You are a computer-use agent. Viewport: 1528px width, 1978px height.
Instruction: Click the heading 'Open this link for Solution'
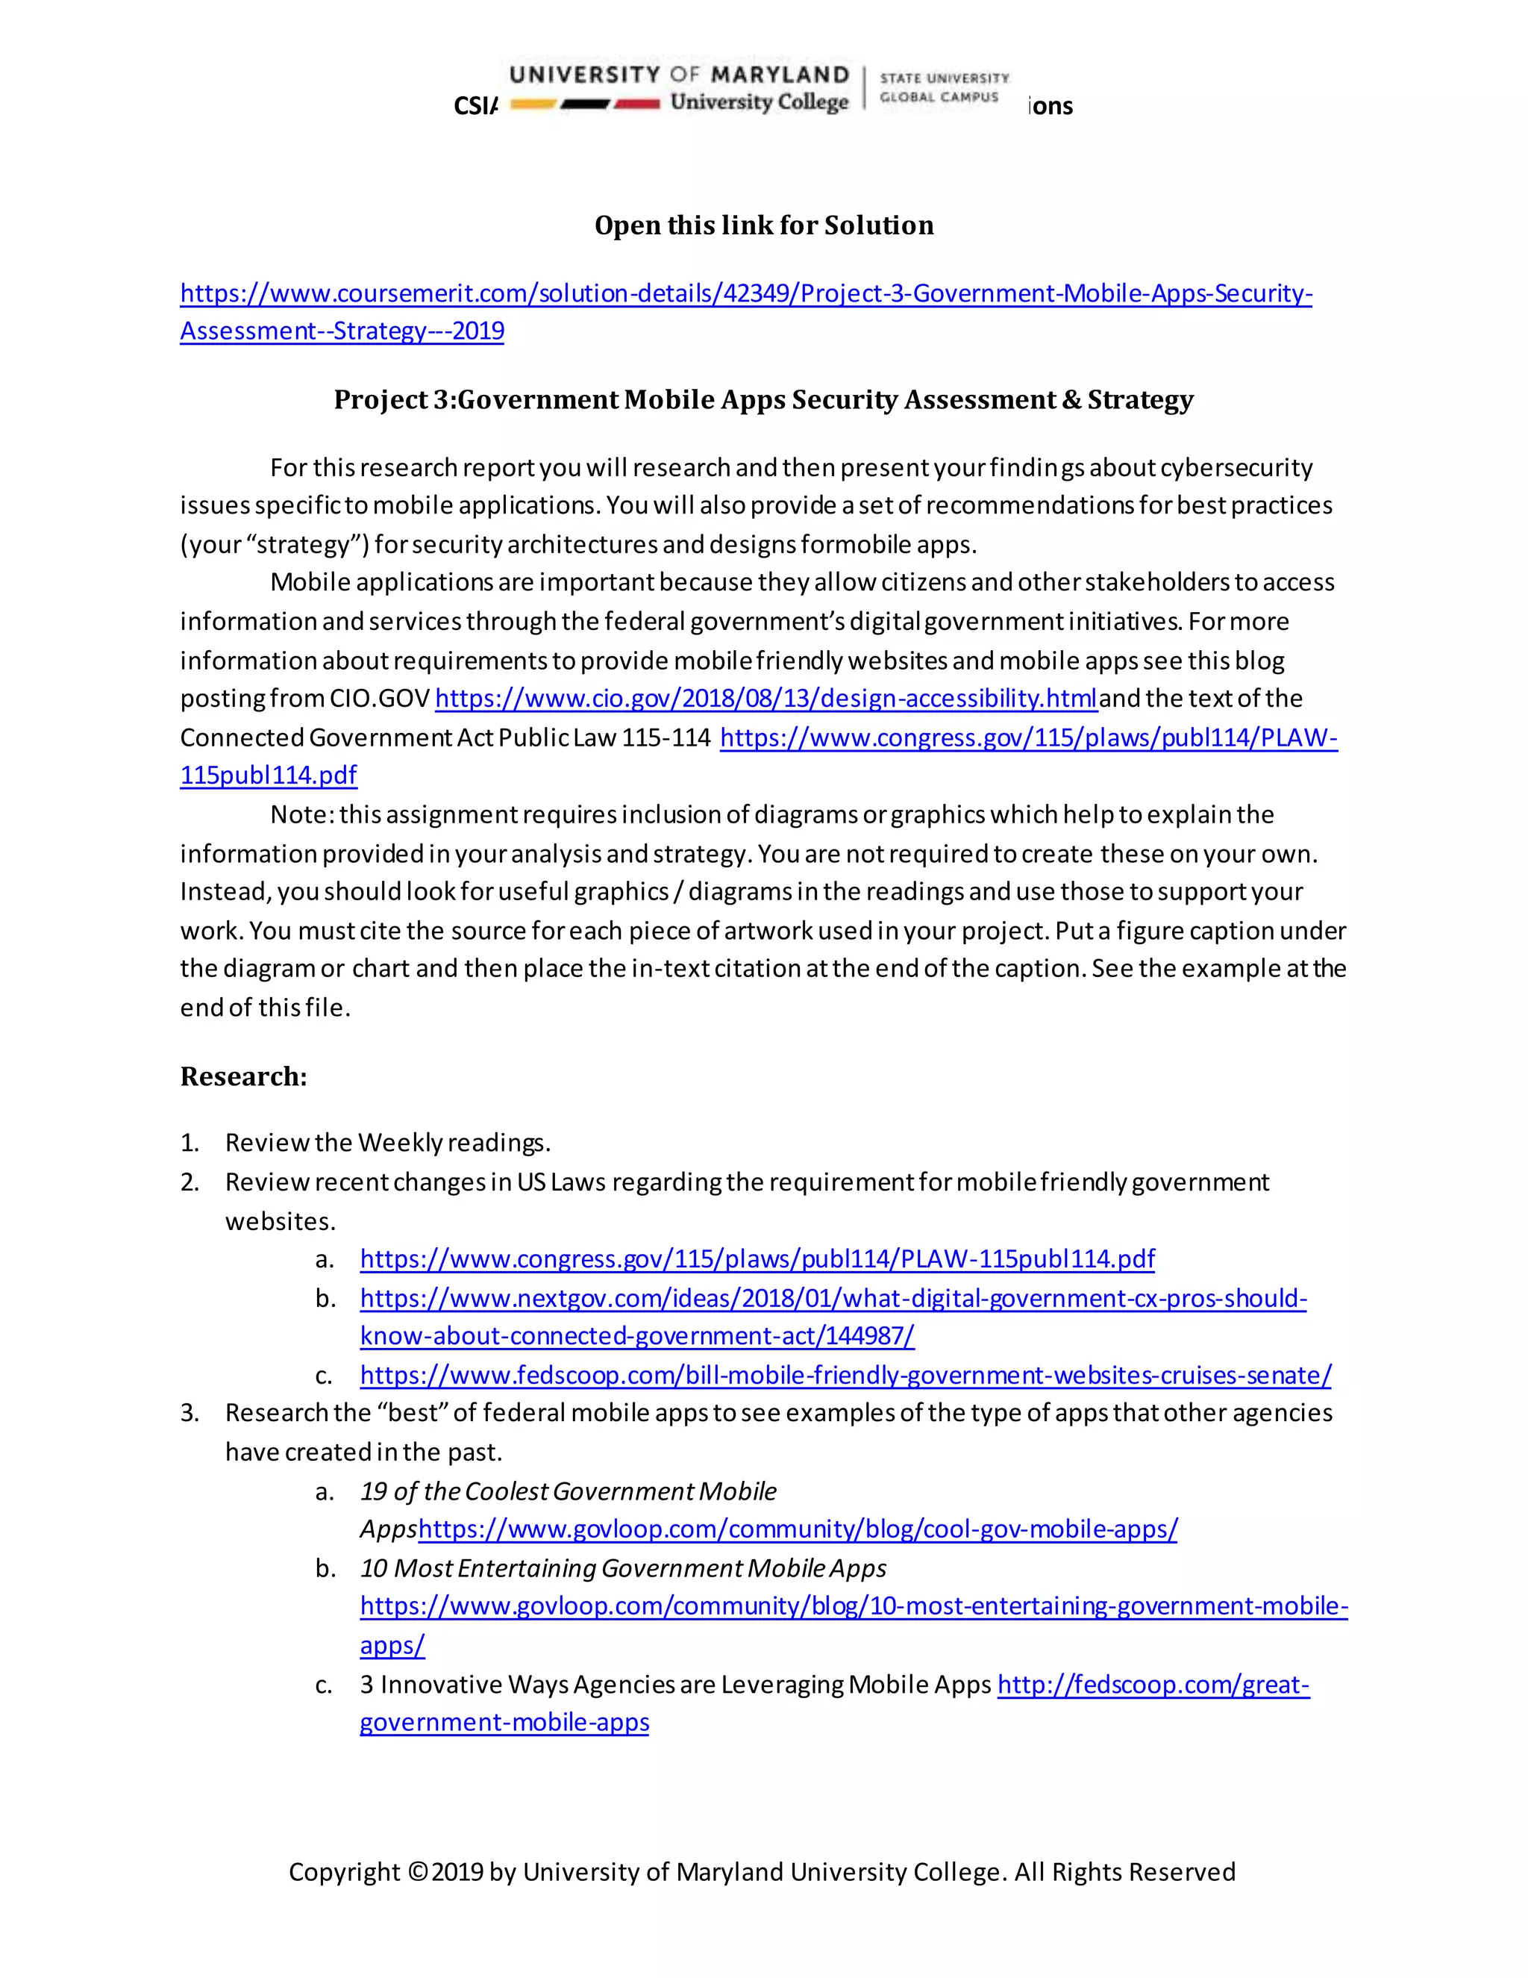[763, 225]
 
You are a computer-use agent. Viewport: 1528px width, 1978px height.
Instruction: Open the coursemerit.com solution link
[745, 293]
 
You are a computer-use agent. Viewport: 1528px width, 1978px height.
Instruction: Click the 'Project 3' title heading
[763, 399]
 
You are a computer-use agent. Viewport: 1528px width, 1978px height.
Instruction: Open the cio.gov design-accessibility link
[765, 699]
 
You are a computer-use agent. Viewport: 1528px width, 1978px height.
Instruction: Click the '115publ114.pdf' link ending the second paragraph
[268, 776]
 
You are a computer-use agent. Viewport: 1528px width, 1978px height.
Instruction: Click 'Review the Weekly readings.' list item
[387, 1143]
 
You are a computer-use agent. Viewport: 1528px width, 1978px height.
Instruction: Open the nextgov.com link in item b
[833, 1298]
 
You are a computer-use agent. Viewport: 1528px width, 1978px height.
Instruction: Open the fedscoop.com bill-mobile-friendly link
[845, 1375]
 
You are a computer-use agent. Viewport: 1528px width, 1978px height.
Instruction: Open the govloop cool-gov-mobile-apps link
[798, 1529]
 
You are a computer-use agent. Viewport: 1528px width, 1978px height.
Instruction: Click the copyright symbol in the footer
[416, 1872]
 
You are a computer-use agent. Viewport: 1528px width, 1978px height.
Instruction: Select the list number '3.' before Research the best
[190, 1413]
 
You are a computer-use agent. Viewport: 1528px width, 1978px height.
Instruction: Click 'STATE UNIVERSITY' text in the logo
[944, 79]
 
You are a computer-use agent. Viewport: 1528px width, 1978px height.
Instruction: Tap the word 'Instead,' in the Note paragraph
[225, 892]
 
